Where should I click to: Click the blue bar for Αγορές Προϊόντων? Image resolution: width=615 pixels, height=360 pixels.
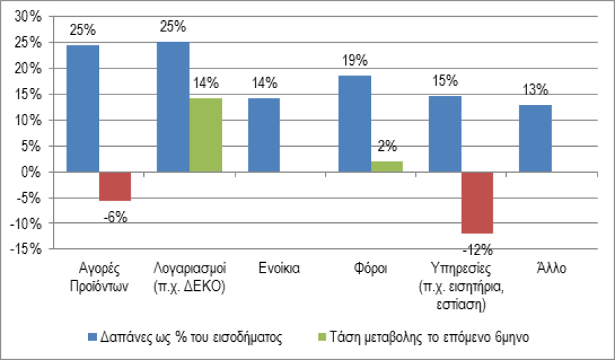coord(82,108)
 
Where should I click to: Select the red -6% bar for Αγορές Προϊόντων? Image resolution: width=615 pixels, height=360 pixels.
coord(115,186)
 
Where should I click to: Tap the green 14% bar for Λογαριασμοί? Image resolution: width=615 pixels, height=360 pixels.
coord(206,135)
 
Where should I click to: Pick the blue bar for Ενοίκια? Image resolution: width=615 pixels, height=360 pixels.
coord(264,135)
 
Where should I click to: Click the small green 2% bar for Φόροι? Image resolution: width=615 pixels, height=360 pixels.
coord(387,166)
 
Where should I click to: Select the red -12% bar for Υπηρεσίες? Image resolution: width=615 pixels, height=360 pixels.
coord(477,203)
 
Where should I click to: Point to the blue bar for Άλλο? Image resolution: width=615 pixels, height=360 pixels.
coord(535,138)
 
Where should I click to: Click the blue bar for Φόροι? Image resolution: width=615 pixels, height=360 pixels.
coord(354,124)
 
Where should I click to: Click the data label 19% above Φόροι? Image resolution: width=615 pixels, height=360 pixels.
coord(355,61)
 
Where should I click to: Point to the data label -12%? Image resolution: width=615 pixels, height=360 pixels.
coord(478,249)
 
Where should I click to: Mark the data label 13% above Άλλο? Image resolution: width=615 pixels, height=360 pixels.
coord(535,90)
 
